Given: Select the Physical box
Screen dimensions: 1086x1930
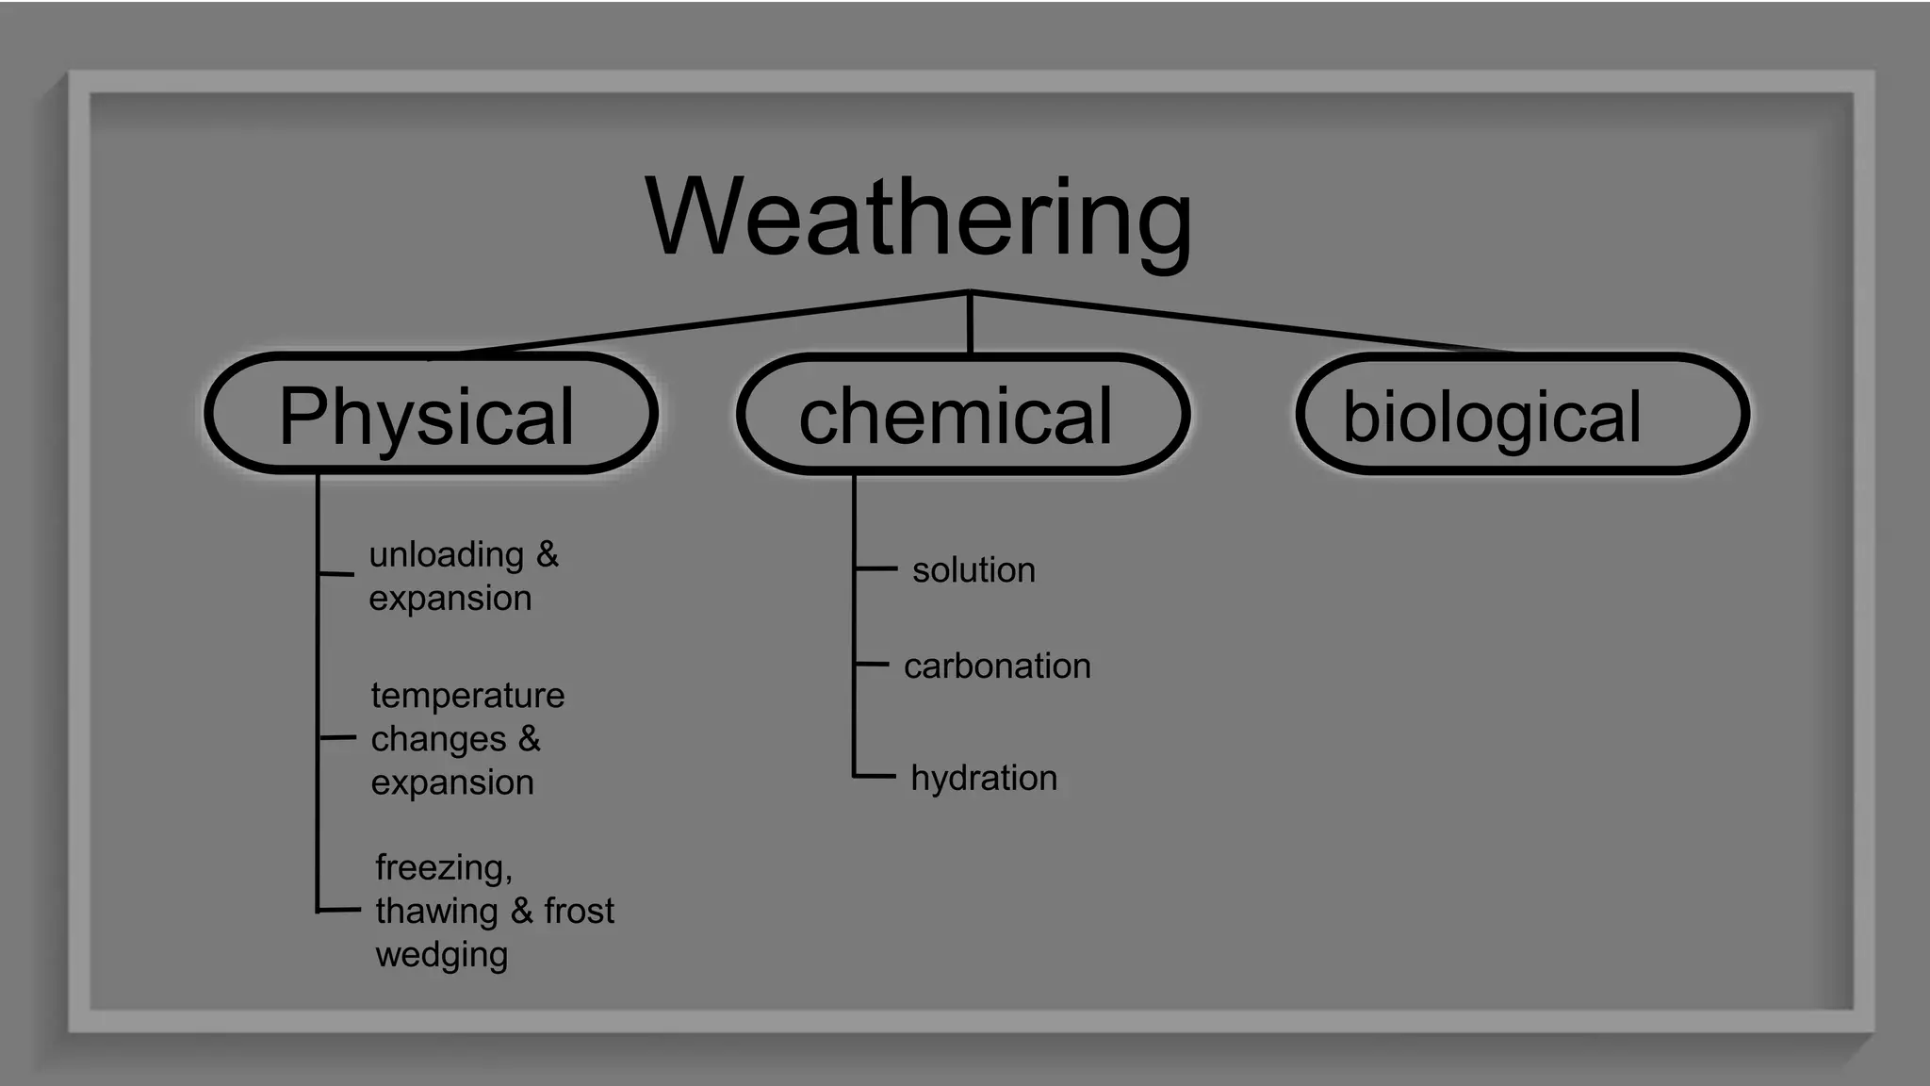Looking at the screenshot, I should tap(431, 414).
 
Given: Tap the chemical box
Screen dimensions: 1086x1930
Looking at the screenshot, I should tap(962, 414).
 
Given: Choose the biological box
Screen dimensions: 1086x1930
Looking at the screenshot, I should tap(1522, 414).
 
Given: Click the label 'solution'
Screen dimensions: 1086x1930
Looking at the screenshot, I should tap(973, 570).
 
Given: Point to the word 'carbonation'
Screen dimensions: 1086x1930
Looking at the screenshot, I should tap(997, 666).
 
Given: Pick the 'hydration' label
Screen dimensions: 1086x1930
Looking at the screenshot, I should tap(984, 779).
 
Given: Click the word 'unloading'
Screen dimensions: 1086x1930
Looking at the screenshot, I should tap(446, 555).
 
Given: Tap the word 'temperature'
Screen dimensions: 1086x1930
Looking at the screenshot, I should tap(467, 696).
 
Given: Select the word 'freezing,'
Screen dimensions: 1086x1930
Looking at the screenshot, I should tap(444, 867).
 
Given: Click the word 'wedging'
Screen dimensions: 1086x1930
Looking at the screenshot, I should tap(442, 955).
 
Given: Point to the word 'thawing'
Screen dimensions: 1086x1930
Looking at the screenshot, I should tap(436, 912).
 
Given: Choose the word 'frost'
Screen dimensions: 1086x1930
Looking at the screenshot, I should tap(579, 911).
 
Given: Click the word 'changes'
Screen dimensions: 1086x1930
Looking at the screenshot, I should tap(438, 740).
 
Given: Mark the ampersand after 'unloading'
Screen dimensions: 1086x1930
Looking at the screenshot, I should tap(548, 554).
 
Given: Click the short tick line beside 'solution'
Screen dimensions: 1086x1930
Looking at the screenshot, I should tap(876, 568).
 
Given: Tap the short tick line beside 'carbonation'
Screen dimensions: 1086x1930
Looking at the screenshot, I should tap(873, 665).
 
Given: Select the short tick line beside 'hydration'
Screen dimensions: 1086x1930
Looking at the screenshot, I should tap(875, 777).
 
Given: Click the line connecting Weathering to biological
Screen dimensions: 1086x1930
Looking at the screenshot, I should tap(1244, 322).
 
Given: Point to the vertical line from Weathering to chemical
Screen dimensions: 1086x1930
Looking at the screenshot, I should tap(970, 323).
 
